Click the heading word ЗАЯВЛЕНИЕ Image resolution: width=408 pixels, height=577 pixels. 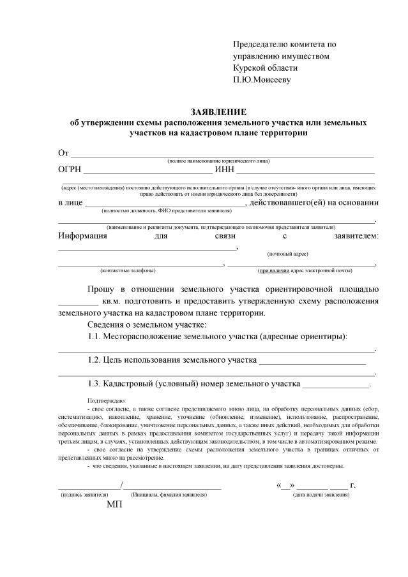pos(219,112)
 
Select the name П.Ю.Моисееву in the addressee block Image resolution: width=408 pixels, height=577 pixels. pos(262,80)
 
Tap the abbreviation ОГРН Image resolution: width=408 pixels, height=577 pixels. pos(68,169)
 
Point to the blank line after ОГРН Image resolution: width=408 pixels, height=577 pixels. pos(147,172)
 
